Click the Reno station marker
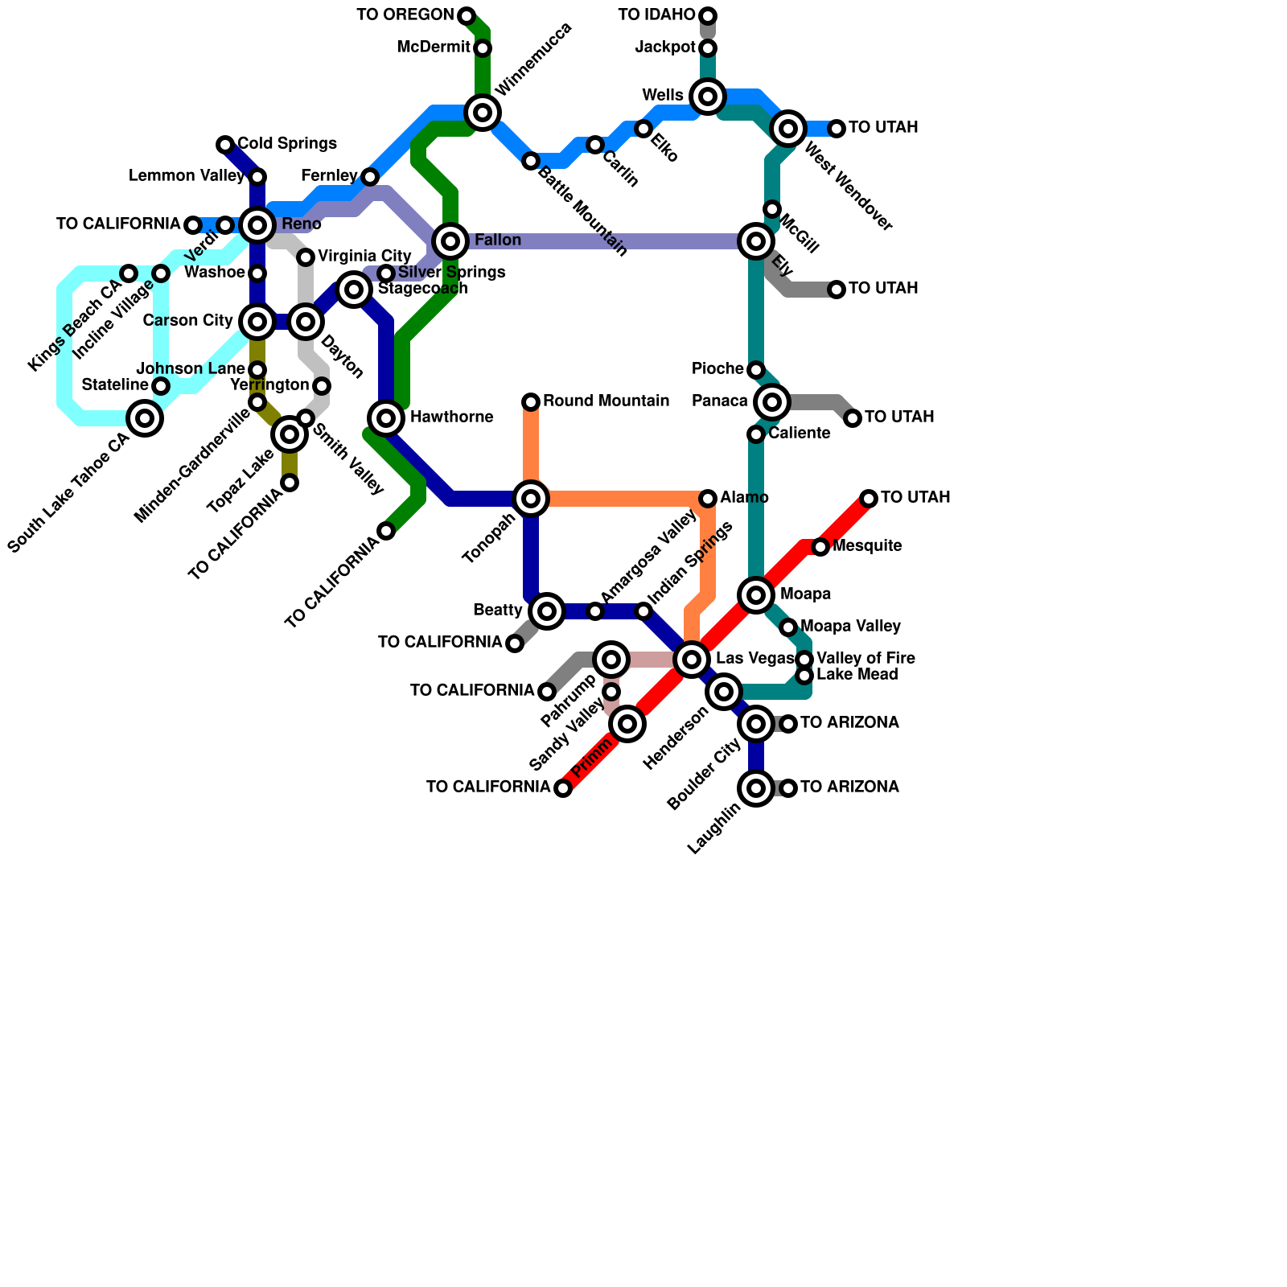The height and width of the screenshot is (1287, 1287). [257, 224]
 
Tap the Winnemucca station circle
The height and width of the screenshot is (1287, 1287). [483, 113]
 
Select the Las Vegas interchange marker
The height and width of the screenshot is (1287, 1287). [692, 660]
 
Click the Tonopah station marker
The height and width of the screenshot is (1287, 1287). [531, 499]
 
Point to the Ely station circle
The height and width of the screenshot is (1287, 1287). [756, 241]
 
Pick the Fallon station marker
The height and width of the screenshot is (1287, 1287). [450, 241]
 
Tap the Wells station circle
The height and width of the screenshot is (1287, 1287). [708, 97]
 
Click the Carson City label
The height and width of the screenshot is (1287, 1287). [188, 321]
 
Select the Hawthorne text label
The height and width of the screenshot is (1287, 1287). [451, 417]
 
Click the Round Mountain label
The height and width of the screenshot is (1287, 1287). [606, 401]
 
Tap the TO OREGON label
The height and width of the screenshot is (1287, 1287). [405, 15]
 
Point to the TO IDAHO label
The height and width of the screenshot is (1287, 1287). [656, 15]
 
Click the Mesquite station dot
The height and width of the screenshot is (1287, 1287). [820, 547]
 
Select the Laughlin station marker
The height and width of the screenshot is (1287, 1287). [756, 788]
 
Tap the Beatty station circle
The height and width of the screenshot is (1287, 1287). [547, 611]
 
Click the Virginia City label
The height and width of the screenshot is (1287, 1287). [364, 257]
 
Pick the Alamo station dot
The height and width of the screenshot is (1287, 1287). [708, 499]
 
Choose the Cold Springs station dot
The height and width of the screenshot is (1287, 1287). [225, 145]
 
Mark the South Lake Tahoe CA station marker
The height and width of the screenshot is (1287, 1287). [145, 417]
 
